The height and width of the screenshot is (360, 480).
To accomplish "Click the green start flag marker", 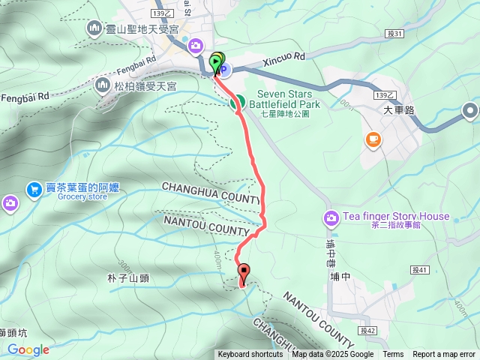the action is pyautogui.click(x=217, y=61).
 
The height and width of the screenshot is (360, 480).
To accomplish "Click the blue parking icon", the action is pyautogui.click(x=224, y=70).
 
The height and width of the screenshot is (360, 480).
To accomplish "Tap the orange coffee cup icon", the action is pyautogui.click(x=373, y=139).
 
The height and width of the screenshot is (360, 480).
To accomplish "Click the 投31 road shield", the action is pyautogui.click(x=397, y=33).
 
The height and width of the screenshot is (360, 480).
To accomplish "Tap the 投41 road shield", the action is pyautogui.click(x=418, y=269).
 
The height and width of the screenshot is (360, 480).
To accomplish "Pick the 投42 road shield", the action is pyautogui.click(x=366, y=330).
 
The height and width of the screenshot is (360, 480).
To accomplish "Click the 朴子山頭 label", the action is pyautogui.click(x=128, y=278).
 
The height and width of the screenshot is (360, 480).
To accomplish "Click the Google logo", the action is pyautogui.click(x=28, y=349).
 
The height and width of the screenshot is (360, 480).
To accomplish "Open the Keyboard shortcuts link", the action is pyautogui.click(x=250, y=355).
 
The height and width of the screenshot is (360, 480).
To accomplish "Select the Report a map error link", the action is pyautogui.click(x=444, y=355).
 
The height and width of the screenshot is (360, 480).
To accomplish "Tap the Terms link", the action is pyautogui.click(x=393, y=355).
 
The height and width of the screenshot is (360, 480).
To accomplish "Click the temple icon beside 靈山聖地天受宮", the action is pyautogui.click(x=94, y=28).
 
